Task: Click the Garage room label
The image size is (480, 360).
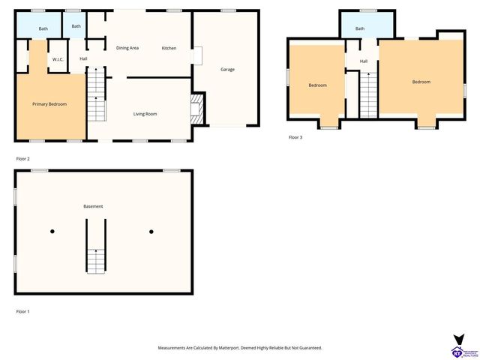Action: click(227, 70)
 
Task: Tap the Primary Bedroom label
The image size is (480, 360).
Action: click(49, 104)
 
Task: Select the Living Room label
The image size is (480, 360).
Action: click(145, 114)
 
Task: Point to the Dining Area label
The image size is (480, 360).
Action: click(127, 48)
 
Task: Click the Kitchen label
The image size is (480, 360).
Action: click(169, 48)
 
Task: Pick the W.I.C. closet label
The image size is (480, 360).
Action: click(58, 59)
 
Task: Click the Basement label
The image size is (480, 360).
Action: click(93, 206)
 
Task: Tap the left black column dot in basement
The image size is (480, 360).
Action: click(52, 231)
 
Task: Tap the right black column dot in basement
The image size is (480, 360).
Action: click(151, 231)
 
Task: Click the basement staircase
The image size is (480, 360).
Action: click(95, 259)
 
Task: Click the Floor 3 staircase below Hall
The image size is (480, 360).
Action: click(367, 95)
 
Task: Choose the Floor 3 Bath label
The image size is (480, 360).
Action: click(360, 28)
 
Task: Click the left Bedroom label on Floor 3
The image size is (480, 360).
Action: click(317, 85)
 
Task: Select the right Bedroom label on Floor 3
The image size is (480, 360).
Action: click(421, 82)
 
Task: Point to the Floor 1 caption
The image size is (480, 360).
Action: click(23, 310)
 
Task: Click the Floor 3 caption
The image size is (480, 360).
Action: click(295, 137)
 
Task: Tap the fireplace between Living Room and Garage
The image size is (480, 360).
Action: click(197, 108)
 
